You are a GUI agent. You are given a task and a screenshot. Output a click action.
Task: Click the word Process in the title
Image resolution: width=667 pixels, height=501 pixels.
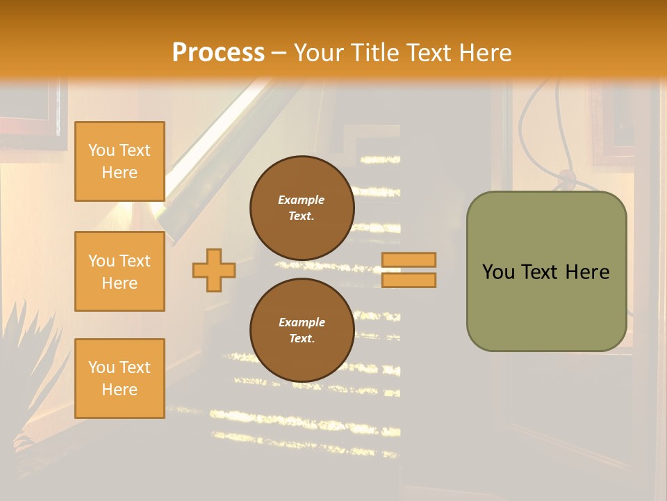point(218,53)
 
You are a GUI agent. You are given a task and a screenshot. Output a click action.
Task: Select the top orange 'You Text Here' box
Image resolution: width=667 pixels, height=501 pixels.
point(120,161)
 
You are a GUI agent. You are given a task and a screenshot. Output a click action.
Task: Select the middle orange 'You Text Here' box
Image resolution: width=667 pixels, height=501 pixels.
point(120,271)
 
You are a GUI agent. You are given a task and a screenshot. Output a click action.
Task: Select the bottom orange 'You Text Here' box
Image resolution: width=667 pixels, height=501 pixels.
point(120,379)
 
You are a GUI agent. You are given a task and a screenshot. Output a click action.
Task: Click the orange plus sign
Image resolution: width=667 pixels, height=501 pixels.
point(213,270)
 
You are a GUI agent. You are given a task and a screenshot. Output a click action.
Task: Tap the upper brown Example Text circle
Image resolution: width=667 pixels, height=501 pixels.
point(302,208)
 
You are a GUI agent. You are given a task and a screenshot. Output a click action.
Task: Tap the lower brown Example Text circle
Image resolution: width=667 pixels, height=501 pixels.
point(302,331)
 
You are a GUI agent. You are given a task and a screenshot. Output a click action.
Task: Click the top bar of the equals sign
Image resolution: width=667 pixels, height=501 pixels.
point(409,260)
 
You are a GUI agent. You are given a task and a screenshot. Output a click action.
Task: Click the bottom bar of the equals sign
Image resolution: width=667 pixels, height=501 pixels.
point(409,280)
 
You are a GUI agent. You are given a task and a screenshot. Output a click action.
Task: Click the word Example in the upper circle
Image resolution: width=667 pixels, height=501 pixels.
point(301,200)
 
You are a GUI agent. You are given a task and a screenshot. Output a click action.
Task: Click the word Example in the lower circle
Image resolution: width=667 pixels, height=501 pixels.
point(302,322)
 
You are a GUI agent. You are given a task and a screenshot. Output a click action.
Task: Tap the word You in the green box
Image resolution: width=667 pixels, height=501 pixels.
point(498,272)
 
